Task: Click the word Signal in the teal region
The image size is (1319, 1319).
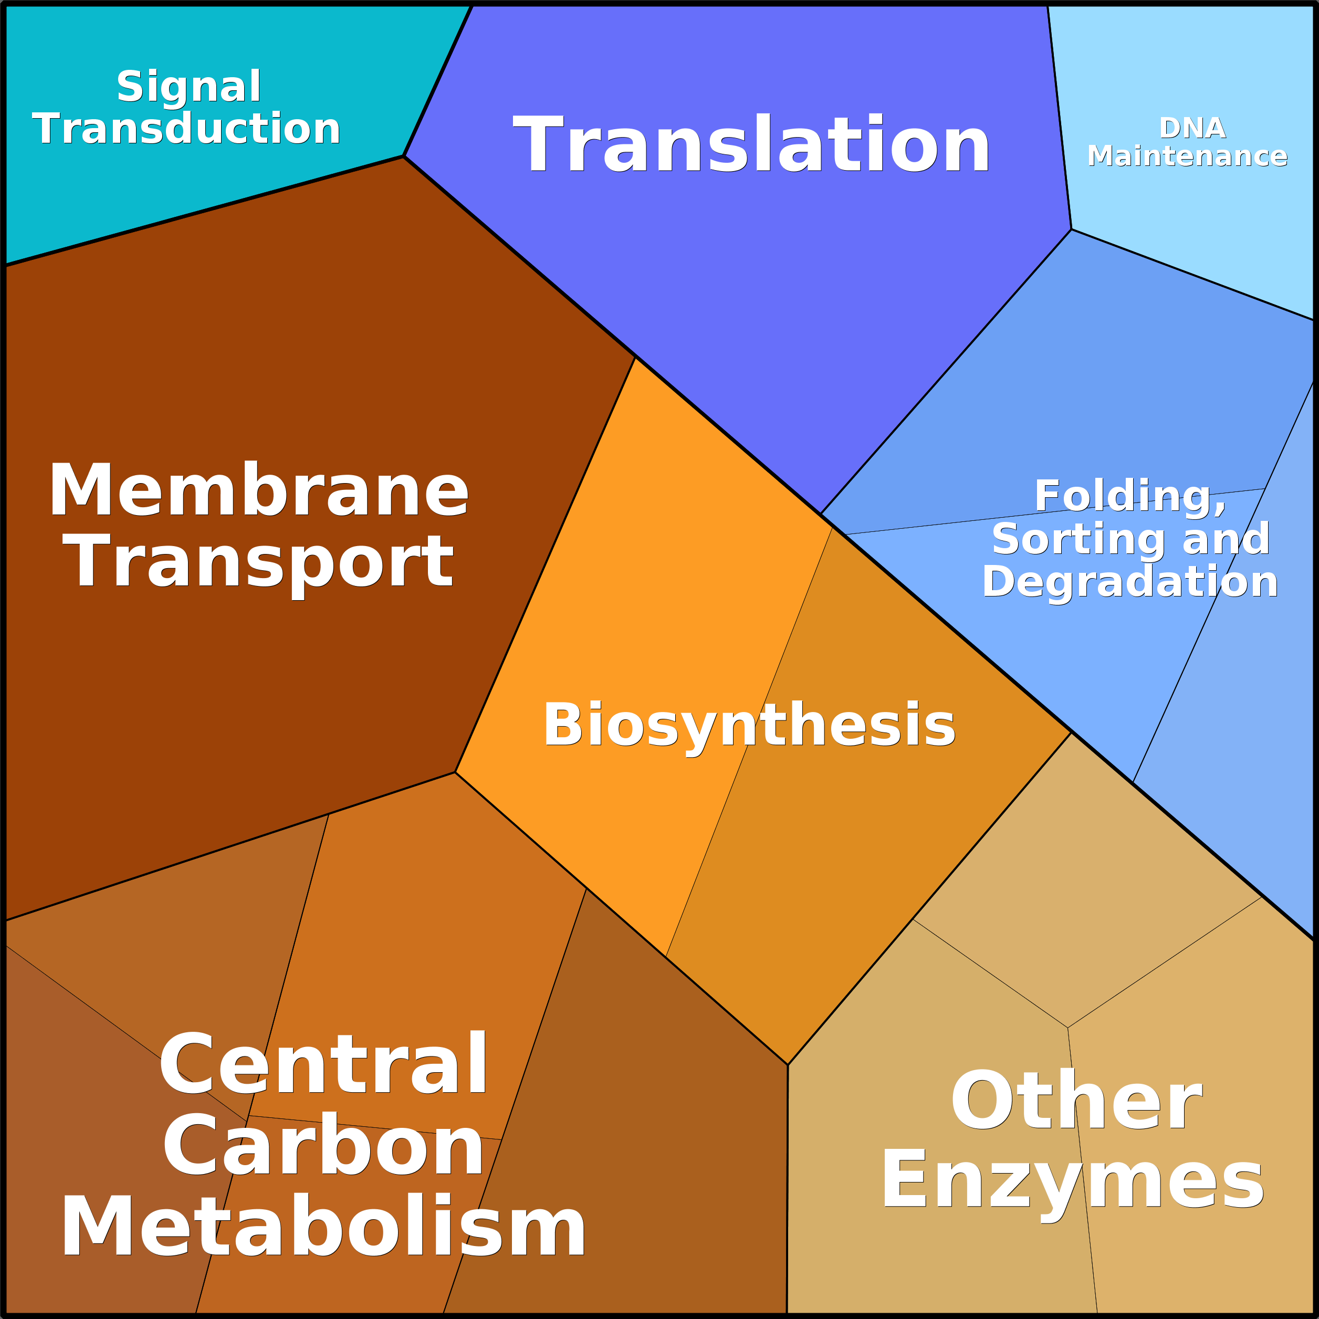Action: coord(189,87)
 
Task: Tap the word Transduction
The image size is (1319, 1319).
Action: coord(186,129)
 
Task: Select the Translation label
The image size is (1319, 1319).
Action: coord(751,145)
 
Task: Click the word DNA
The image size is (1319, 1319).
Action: coord(1192,128)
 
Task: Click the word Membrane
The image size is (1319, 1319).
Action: coord(258,490)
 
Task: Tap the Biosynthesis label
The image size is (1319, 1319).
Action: coord(749,725)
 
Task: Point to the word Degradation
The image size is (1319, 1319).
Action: coord(1130,582)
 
